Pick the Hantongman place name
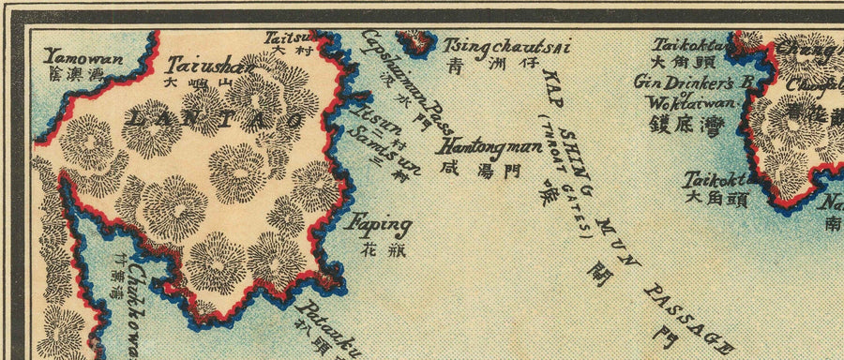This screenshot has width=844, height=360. (x=487, y=146)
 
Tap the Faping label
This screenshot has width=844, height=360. (x=380, y=225)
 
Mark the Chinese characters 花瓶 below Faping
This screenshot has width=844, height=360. (x=375, y=249)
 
